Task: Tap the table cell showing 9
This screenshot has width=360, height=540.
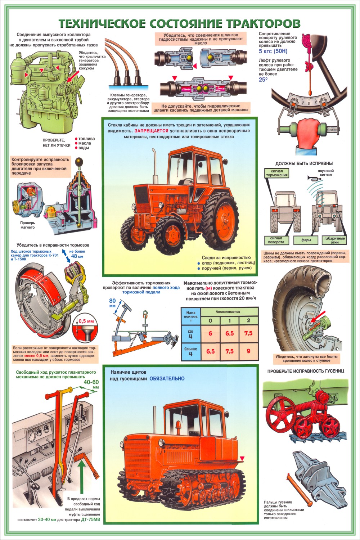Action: (x=249, y=351)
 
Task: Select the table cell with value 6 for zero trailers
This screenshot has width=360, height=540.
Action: (x=211, y=333)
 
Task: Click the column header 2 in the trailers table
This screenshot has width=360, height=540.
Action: (x=249, y=320)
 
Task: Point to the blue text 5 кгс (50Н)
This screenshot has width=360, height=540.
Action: (x=273, y=51)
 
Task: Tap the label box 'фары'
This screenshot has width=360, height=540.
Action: (x=306, y=240)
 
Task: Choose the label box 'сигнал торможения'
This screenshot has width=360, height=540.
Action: (x=276, y=173)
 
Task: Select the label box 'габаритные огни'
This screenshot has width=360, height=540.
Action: (x=334, y=240)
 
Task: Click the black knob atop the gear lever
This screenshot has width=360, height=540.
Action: (x=78, y=161)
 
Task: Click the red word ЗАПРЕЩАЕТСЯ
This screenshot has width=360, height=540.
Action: (x=151, y=131)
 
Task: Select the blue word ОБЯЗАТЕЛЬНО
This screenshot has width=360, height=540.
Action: (x=167, y=378)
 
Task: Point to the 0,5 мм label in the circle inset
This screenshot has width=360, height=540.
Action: (x=86, y=321)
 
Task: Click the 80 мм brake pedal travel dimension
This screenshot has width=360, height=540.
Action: (x=112, y=303)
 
